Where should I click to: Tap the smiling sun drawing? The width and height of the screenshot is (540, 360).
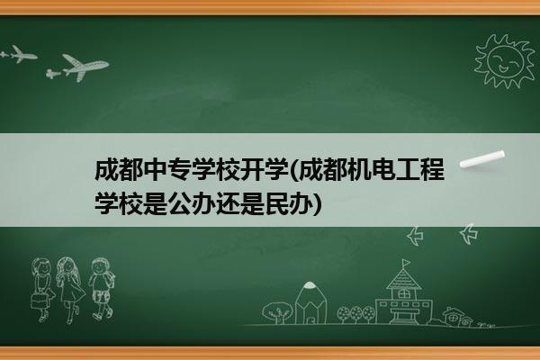click(x=504, y=61)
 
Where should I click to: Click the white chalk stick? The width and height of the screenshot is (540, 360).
click(x=482, y=159)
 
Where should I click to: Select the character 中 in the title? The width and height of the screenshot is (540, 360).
click(x=155, y=170)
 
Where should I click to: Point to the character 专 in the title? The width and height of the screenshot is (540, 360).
click(x=179, y=170)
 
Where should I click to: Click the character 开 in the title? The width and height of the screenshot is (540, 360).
click(x=252, y=170)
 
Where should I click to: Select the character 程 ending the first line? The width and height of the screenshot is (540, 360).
click(x=433, y=170)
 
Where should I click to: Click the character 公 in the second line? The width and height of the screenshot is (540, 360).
click(x=179, y=204)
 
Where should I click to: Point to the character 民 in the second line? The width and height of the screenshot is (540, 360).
click(x=276, y=204)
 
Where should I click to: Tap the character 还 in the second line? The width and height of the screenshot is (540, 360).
click(x=228, y=204)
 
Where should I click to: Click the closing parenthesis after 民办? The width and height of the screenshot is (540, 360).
click(x=318, y=204)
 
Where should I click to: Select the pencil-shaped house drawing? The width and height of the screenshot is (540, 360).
click(x=310, y=302)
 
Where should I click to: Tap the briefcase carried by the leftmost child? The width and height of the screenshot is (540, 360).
click(x=38, y=301)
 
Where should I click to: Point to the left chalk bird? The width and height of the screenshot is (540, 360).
click(x=415, y=236)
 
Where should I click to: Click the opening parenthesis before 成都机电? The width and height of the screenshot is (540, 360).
click(x=293, y=170)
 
